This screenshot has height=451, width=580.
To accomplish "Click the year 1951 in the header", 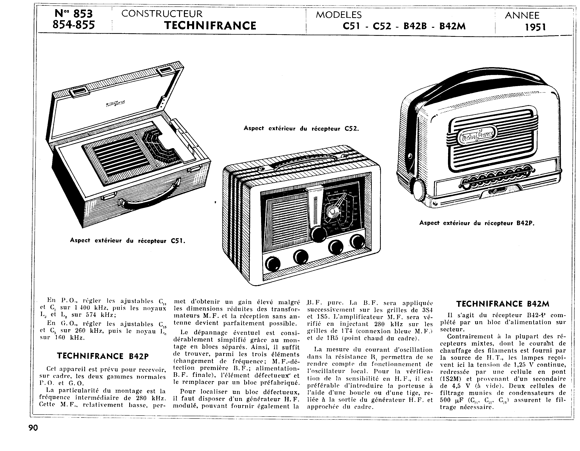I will [535, 27].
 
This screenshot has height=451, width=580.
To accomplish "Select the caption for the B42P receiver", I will [477, 223].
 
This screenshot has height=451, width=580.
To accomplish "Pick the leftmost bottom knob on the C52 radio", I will [272, 263].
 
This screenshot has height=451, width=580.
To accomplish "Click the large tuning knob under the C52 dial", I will [319, 234].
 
